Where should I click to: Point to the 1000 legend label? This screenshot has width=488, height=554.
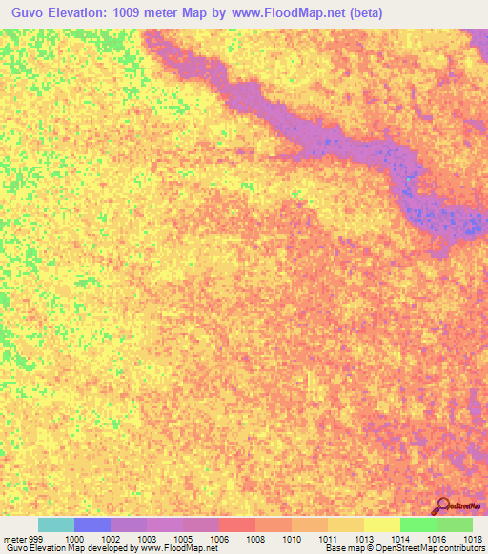(74, 540)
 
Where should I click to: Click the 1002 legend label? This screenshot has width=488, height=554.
(112, 540)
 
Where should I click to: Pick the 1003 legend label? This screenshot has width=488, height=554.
(148, 540)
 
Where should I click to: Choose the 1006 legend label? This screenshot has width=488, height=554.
(220, 540)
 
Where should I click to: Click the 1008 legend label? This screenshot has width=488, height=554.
(256, 540)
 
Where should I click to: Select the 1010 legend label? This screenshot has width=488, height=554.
(293, 540)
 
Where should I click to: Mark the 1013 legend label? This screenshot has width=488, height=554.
(365, 540)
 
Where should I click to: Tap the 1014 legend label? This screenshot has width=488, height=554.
(401, 540)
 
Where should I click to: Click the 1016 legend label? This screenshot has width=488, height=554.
(437, 540)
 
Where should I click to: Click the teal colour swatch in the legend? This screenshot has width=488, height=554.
(56, 524)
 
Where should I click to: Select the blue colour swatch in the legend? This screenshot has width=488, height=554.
(92, 524)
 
